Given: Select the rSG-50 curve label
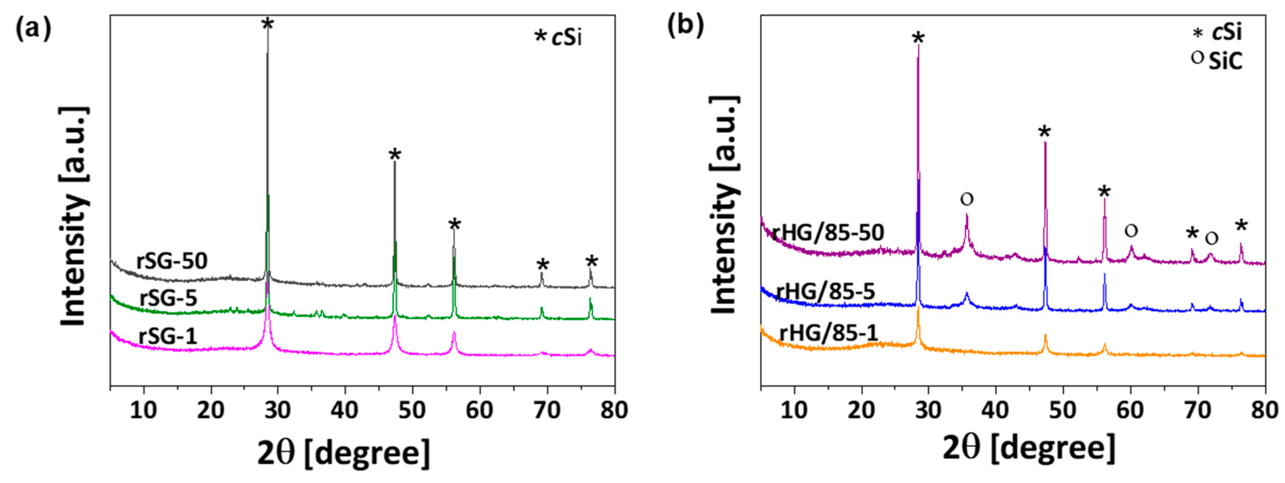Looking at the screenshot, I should point(172,261).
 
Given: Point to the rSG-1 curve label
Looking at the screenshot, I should point(168,335).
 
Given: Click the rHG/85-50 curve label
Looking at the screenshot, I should point(827,232).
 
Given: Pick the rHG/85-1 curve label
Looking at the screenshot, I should point(828,333).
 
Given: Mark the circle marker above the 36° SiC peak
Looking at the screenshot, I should point(967,200).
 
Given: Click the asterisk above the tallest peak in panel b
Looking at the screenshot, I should point(918,38).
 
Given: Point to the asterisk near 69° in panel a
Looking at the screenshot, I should point(542,264).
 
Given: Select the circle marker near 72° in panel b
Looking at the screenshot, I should point(1211,239).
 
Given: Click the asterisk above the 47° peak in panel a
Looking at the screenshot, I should point(395,155).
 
